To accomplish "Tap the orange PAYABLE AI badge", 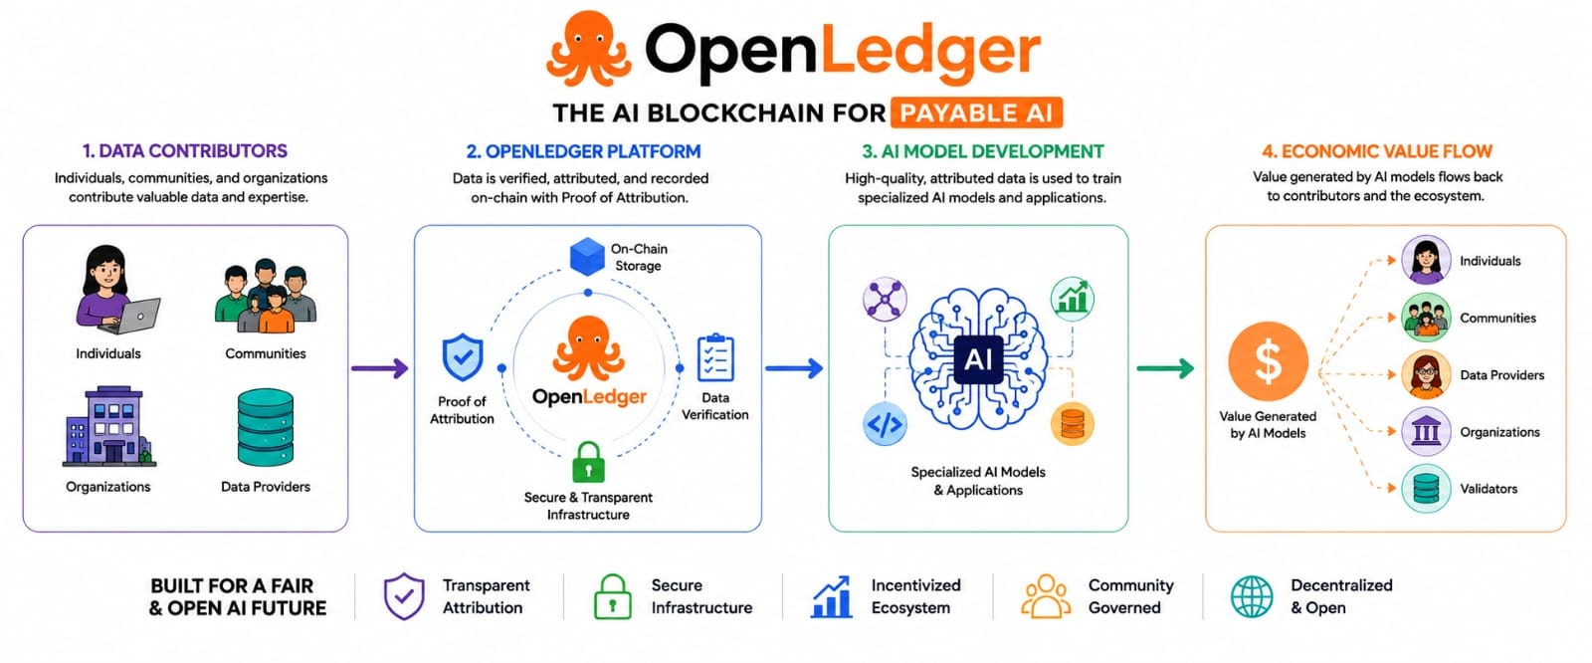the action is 976,112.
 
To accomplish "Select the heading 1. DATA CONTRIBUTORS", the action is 185,150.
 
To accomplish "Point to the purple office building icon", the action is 109,426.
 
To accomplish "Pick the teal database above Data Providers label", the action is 266,427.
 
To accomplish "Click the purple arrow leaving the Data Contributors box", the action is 379,367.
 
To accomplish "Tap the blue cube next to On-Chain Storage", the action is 587,256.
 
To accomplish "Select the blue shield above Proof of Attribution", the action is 463,357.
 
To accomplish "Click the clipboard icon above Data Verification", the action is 715,357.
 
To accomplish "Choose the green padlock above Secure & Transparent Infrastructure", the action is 588,462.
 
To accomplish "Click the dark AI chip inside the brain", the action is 978,359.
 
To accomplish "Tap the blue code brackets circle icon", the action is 885,424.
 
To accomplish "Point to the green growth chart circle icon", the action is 1073,299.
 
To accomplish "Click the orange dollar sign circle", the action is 1268,361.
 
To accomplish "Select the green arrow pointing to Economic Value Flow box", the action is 1165,367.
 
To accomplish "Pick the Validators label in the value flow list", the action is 1489,489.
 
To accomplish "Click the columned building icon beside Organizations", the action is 1426,431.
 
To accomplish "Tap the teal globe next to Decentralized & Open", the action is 1253,596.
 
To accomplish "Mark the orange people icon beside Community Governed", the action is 1046,596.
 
